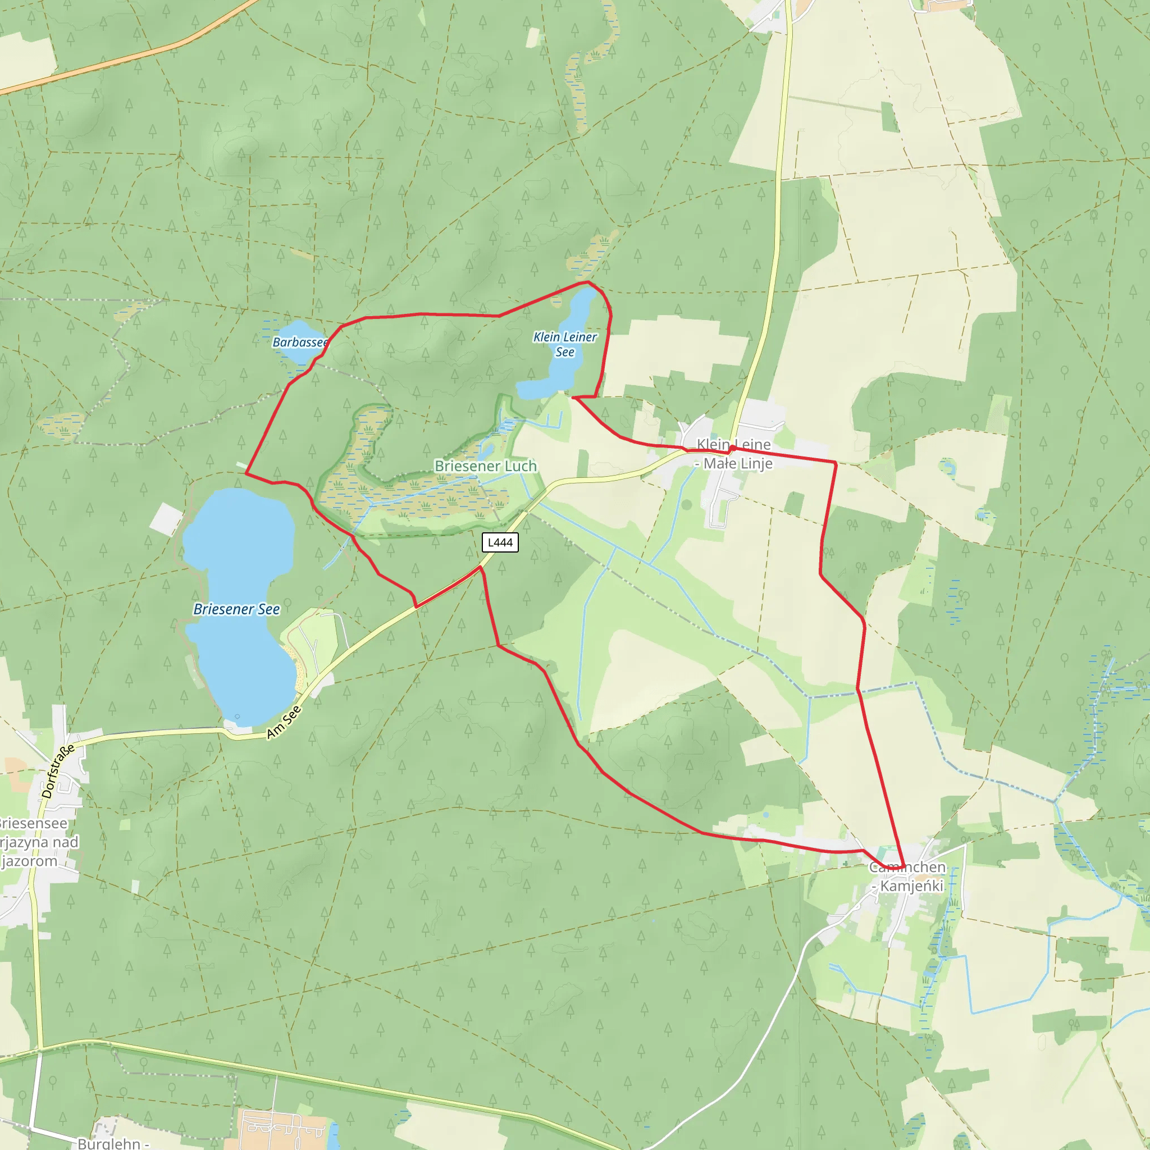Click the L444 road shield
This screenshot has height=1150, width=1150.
point(499,542)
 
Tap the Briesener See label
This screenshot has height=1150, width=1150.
point(236,609)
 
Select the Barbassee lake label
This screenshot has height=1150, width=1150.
point(300,343)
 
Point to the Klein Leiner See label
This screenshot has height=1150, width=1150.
point(564,344)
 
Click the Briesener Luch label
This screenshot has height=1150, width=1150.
point(485,466)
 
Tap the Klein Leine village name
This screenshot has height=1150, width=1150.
point(733,444)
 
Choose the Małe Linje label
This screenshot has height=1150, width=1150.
point(737,463)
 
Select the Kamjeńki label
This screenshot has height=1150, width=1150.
point(911,886)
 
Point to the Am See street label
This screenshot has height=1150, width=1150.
point(284,722)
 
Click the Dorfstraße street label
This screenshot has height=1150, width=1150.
point(58,770)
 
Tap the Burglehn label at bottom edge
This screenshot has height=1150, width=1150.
point(109,1143)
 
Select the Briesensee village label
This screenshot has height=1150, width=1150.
point(33,823)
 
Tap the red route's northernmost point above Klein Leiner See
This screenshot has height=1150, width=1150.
point(587,281)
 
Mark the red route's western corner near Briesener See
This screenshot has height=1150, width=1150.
point(246,474)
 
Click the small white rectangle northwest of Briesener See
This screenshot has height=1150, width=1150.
point(166,518)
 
